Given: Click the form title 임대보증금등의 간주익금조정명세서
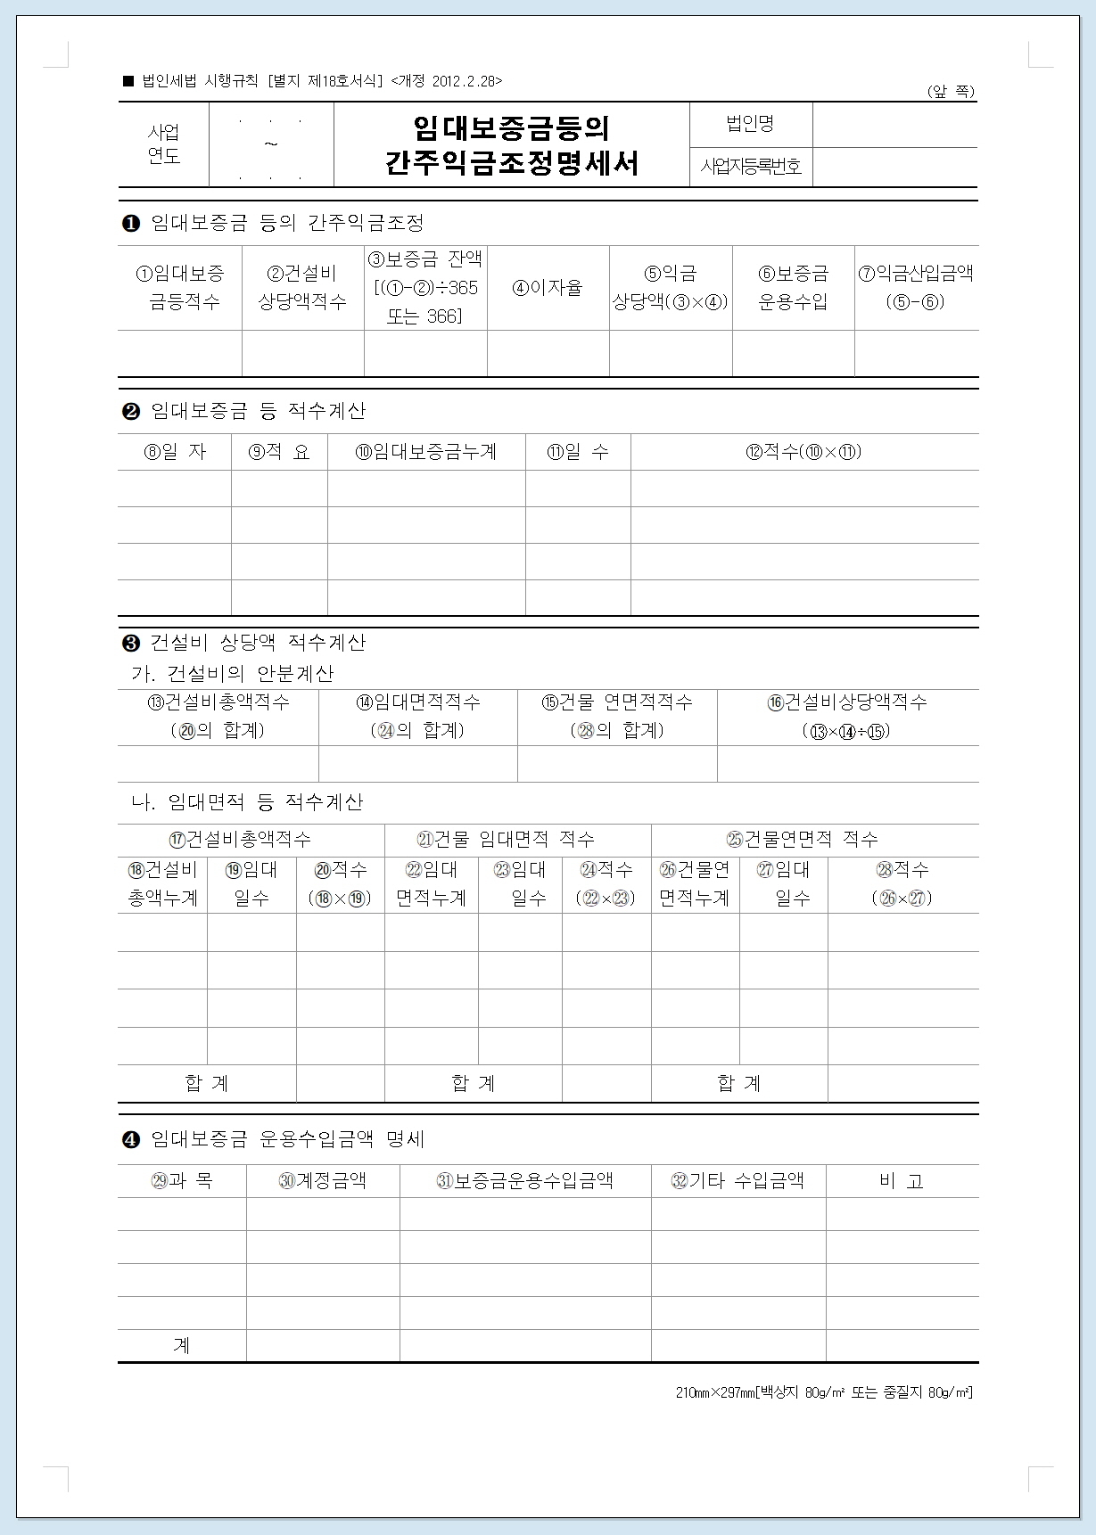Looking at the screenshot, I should pyautogui.click(x=512, y=145).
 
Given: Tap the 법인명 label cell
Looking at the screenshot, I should pyautogui.click(x=750, y=124).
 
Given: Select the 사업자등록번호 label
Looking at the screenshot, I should pyautogui.click(x=750, y=167).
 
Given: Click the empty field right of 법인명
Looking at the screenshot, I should pyautogui.click(x=894, y=124).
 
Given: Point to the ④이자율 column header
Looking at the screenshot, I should pyautogui.click(x=548, y=288).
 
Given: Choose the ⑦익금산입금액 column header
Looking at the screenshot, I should pyautogui.click(x=916, y=287).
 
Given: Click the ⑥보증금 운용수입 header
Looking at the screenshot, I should pyautogui.click(x=793, y=287).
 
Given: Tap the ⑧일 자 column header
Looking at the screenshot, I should pyautogui.click(x=175, y=452).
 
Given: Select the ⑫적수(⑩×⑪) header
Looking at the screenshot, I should pyautogui.click(x=803, y=452).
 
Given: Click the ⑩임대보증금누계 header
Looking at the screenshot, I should pyautogui.click(x=426, y=452).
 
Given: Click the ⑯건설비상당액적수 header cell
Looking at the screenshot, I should pyautogui.click(x=846, y=717).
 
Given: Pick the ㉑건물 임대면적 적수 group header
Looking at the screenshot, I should pyautogui.click(x=506, y=839).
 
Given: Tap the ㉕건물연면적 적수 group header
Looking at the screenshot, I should pyautogui.click(x=803, y=839).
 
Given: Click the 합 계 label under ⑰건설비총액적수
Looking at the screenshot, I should pyautogui.click(x=207, y=1083).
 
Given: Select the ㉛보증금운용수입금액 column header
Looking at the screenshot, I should pyautogui.click(x=524, y=1181).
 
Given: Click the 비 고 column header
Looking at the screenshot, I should pyautogui.click(x=901, y=1181).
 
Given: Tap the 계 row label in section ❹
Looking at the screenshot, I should pyautogui.click(x=182, y=1345).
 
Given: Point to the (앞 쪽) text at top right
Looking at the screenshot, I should pyautogui.click(x=952, y=92).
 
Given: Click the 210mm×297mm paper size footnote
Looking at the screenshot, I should pyautogui.click(x=824, y=1392).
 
